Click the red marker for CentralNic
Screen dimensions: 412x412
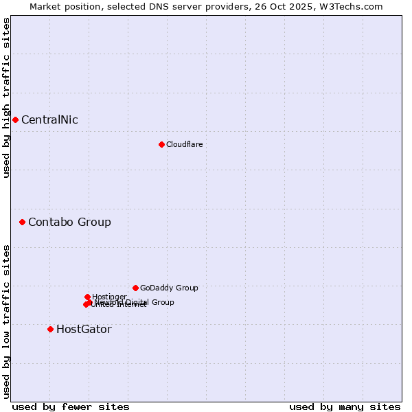pyautogui.click(x=15, y=119)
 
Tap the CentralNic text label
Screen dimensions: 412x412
pyautogui.click(x=49, y=120)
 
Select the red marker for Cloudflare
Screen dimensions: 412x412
pyautogui.click(x=161, y=144)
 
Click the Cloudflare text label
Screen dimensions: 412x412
pyautogui.click(x=184, y=144)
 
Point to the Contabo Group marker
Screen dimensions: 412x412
pyautogui.click(x=22, y=222)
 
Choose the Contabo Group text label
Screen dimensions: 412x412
pyautogui.click(x=69, y=222)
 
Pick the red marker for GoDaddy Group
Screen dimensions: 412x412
pyautogui.click(x=135, y=288)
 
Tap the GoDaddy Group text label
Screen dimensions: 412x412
pyautogui.click(x=169, y=288)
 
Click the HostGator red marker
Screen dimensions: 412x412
pyautogui.click(x=50, y=329)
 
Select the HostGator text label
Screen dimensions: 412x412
pyautogui.click(x=84, y=329)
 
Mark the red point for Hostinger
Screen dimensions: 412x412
pyautogui.click(x=87, y=297)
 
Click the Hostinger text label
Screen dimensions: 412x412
pyautogui.click(x=109, y=297)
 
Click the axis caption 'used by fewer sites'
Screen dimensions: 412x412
pyautogui.click(x=71, y=407)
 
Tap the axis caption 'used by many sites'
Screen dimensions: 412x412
pyautogui.click(x=345, y=407)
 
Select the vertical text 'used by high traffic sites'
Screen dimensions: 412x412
pyautogui.click(x=6, y=98)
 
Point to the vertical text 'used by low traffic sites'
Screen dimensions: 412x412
pyautogui.click(x=6, y=321)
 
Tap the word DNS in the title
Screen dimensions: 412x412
pyautogui.click(x=157, y=6)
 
